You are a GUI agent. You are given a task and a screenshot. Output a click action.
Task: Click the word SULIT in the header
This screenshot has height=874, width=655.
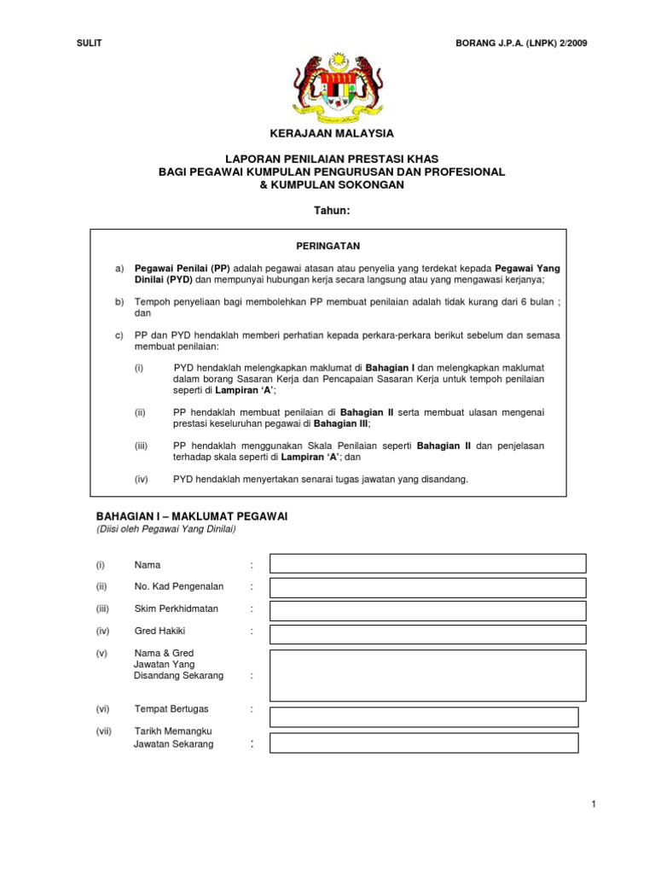(x=89, y=42)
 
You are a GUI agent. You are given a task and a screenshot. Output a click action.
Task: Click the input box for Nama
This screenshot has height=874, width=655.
(x=427, y=563)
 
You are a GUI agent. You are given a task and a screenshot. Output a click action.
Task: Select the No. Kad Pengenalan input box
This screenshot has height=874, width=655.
(x=427, y=587)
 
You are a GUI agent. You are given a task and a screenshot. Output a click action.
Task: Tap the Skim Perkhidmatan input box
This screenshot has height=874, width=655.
(x=427, y=610)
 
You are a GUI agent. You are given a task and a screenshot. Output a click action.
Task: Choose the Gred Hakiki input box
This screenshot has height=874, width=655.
(x=427, y=634)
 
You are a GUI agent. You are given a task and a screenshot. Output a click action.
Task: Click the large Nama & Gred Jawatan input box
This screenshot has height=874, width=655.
(x=427, y=675)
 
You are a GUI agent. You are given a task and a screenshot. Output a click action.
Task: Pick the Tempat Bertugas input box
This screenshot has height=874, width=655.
(x=424, y=717)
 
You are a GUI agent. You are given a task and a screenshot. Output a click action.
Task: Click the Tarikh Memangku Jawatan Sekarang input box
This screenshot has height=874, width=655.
(x=424, y=743)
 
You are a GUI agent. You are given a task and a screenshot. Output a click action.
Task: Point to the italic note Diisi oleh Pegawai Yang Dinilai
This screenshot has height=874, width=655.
(x=165, y=529)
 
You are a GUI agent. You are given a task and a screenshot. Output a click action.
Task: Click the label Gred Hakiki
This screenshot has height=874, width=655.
(x=159, y=631)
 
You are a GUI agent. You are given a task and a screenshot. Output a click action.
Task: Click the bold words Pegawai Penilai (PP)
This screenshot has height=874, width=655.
(x=182, y=268)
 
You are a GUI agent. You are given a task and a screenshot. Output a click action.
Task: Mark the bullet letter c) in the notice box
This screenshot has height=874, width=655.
(x=119, y=335)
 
